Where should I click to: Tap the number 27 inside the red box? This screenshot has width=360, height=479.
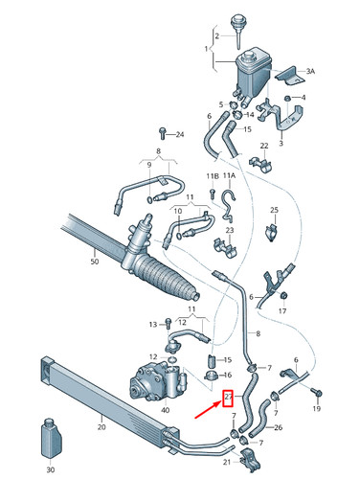coord(228,399)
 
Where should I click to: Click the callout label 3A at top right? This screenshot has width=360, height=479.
coord(309,71)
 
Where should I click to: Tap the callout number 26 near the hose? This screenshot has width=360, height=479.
coord(279,427)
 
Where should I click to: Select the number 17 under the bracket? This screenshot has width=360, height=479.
coord(283,311)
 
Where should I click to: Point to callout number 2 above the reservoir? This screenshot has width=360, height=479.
coord(216,36)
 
